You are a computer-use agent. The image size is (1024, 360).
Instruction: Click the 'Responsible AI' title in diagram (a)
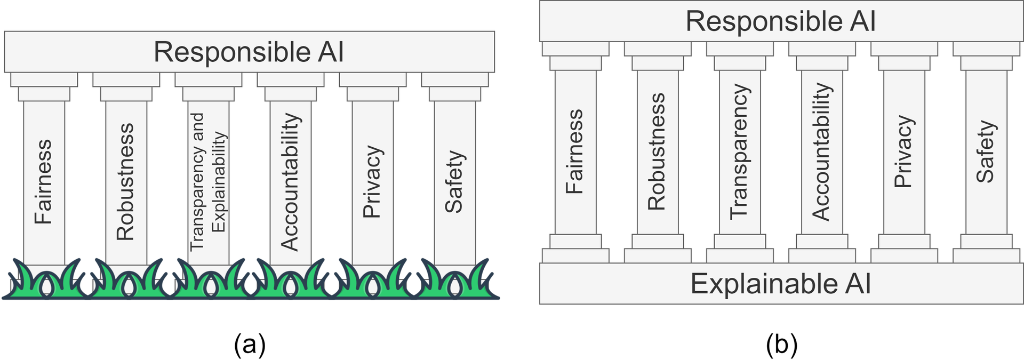click(x=249, y=52)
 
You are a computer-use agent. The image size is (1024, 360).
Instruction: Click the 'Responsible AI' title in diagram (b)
click(x=780, y=21)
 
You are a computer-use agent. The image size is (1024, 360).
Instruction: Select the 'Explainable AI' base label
click(x=780, y=284)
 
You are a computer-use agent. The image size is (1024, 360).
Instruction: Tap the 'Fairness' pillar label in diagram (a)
click(x=44, y=181)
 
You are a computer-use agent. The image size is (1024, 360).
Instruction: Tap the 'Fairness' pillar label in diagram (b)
click(x=575, y=151)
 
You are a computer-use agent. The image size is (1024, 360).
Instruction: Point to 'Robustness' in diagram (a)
click(x=126, y=181)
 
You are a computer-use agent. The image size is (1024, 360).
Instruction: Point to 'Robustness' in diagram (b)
click(x=657, y=151)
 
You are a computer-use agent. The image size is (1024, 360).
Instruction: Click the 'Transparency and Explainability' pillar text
click(x=208, y=181)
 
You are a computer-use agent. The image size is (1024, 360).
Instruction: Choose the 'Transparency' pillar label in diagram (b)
click(x=739, y=151)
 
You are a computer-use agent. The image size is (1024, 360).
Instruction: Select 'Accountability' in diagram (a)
click(x=290, y=181)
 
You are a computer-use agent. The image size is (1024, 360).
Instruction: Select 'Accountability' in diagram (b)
click(x=821, y=151)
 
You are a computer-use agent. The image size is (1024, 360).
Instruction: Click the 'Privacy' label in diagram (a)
click(x=372, y=181)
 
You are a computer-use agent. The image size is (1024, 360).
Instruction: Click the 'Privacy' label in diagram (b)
click(x=903, y=151)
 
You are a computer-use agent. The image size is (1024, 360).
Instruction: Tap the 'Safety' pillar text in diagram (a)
click(x=454, y=181)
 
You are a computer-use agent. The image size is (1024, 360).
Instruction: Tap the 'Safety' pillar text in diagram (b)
click(x=986, y=151)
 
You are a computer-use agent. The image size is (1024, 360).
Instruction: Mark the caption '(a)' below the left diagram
click(x=250, y=345)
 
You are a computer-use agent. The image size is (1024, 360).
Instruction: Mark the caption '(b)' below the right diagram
click(x=781, y=345)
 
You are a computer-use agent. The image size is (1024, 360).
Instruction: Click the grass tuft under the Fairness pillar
click(x=45, y=282)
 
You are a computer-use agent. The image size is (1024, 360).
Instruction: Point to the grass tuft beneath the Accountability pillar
click(x=291, y=282)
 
